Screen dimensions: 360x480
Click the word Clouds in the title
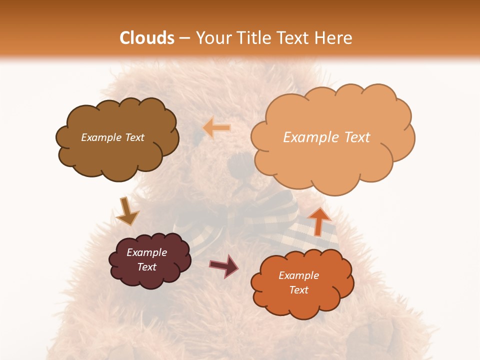(x=147, y=38)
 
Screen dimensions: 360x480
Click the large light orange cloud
(x=332, y=160)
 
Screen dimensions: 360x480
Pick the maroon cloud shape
(x=150, y=277)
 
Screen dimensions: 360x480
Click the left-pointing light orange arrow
(x=216, y=128)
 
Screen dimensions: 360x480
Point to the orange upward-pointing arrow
(x=318, y=220)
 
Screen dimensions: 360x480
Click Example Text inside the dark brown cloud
(x=112, y=137)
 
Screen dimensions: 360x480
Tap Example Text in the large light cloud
(x=326, y=137)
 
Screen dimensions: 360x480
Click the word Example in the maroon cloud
(x=146, y=252)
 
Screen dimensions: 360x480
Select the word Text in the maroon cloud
(x=147, y=267)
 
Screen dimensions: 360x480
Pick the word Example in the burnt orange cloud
(x=298, y=275)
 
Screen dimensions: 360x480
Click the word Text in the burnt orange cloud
(x=298, y=290)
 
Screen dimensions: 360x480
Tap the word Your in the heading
(x=210, y=38)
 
